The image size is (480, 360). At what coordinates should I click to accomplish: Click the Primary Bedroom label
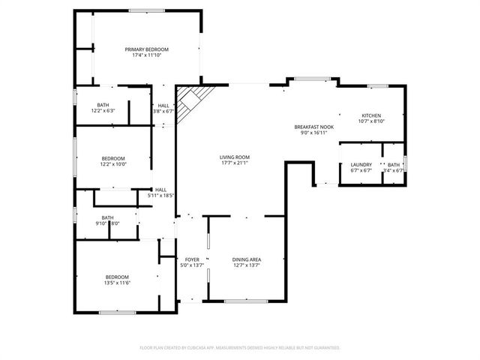point(147,49)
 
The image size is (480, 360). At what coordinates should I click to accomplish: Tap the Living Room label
point(235,157)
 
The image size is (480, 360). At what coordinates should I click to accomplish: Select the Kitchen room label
point(371,115)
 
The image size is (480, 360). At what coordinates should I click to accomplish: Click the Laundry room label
point(361,164)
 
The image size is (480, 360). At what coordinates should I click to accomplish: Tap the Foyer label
point(191,259)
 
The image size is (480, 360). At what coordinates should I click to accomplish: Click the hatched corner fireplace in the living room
point(192,100)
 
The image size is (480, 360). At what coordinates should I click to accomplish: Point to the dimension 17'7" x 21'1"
point(235,163)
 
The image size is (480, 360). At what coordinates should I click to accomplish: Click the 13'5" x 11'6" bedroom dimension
point(117,283)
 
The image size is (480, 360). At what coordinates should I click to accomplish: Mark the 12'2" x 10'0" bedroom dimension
point(113,164)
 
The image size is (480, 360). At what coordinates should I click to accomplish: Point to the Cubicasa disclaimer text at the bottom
point(240,348)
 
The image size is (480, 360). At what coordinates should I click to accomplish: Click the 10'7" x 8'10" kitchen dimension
point(371,121)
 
